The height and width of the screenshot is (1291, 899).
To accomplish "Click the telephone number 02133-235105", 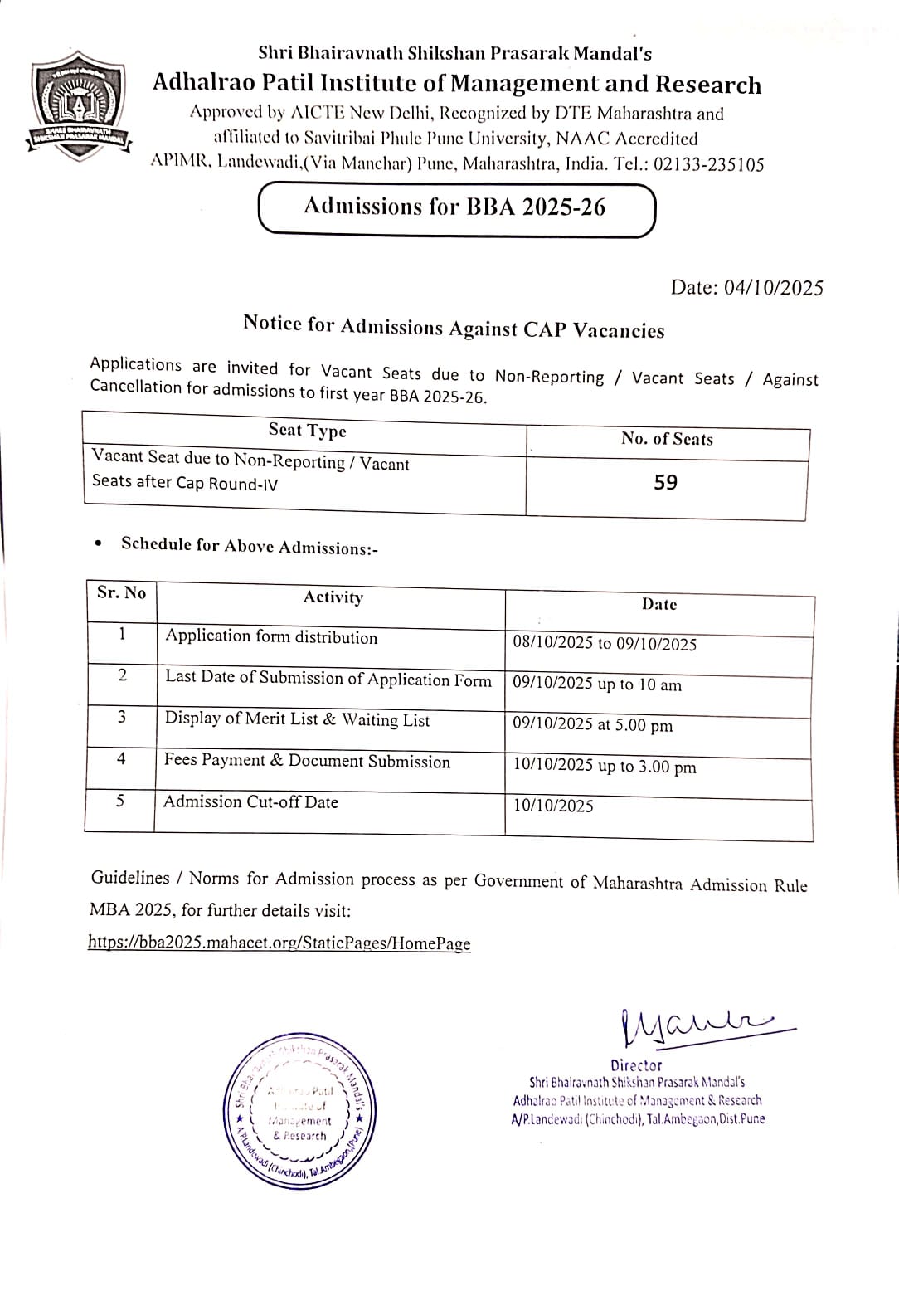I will [708, 164].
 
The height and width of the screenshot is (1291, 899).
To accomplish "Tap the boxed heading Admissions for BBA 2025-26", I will [456, 207].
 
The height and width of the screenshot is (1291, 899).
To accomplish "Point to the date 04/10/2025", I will [773, 288].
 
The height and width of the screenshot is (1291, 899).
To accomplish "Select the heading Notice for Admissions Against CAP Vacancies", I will [454, 327].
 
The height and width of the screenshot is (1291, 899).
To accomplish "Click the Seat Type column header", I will [307, 430].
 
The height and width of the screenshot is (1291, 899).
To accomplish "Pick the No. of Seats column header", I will [667, 439].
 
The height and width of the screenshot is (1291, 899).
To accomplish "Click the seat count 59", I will [665, 483].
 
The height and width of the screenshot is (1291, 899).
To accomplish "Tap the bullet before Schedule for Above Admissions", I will [100, 544].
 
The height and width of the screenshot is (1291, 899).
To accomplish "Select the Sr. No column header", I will [121, 592].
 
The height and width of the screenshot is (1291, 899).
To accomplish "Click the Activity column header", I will [333, 597].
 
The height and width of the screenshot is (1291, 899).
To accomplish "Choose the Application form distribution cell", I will [271, 637].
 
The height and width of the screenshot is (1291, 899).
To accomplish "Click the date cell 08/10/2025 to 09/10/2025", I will [605, 644].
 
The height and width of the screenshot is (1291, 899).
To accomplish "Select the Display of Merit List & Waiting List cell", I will [297, 719].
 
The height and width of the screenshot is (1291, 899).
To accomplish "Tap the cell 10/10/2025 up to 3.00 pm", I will [605, 766].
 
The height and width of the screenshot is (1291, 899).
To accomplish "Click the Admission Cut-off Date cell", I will [250, 802].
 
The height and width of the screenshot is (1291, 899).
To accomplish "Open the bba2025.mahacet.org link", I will [279, 943].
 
